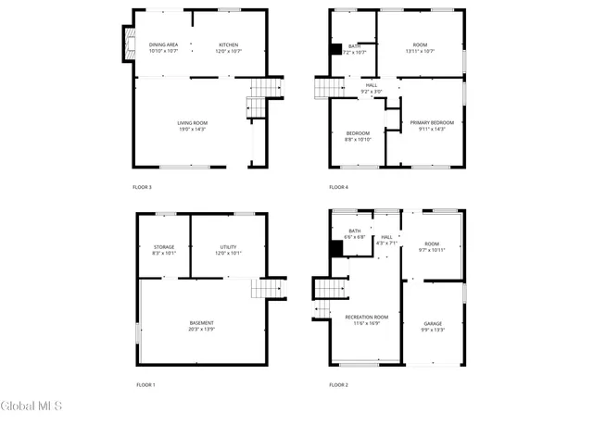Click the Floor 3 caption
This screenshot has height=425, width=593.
(143, 187)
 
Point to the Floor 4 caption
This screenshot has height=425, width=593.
(338, 187)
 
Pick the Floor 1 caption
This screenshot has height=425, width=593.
(145, 384)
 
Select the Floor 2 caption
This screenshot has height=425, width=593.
(338, 384)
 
